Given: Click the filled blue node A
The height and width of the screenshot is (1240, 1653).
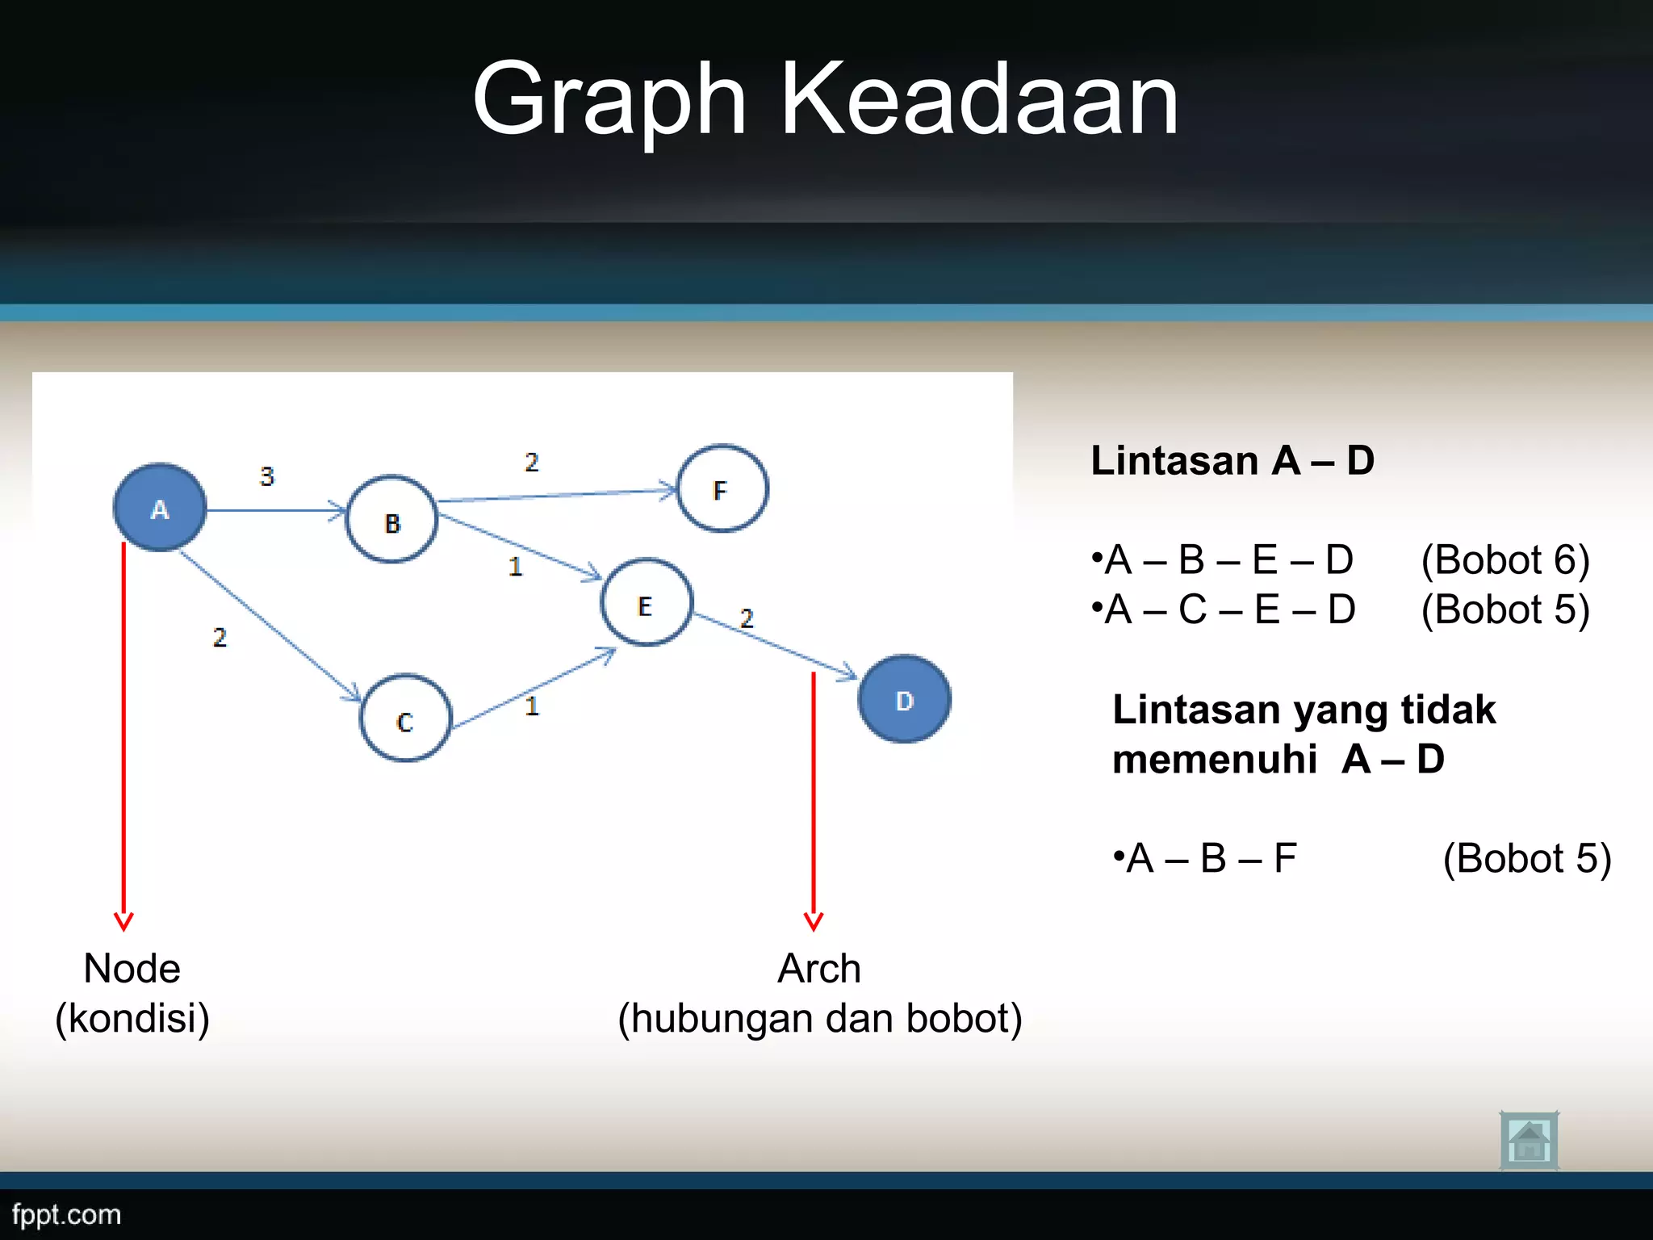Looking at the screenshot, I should click(x=160, y=508).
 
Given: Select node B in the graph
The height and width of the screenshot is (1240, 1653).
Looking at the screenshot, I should click(x=392, y=520).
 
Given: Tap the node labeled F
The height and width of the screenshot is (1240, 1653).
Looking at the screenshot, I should click(x=722, y=488).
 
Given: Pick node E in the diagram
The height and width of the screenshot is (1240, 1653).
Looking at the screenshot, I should click(x=647, y=603).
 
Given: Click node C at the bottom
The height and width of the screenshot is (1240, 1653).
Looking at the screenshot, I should click(x=405, y=718).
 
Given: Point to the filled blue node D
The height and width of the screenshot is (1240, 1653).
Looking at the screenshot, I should click(x=904, y=699).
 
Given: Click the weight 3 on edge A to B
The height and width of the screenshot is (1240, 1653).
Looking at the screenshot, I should click(x=267, y=476).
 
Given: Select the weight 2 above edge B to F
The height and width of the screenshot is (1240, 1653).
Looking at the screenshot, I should click(x=531, y=463).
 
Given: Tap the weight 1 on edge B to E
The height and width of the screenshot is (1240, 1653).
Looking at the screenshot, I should click(x=516, y=567).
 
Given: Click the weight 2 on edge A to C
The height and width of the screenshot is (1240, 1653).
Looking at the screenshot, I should click(x=220, y=638).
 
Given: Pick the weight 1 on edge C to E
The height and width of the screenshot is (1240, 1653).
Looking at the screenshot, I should click(x=532, y=707).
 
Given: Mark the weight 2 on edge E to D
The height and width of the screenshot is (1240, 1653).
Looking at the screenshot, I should click(x=747, y=618).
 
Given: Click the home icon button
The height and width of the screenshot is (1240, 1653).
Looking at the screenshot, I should click(x=1529, y=1141).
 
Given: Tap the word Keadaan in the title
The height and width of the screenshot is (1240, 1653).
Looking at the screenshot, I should click(x=979, y=100).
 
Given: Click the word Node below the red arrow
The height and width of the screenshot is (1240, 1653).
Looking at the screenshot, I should click(x=132, y=969).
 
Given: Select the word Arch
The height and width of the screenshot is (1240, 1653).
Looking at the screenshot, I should click(x=818, y=969).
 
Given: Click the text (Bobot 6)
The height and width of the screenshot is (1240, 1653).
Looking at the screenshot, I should click(x=1504, y=560).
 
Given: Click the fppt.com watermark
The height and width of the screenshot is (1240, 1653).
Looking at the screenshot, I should click(x=66, y=1214).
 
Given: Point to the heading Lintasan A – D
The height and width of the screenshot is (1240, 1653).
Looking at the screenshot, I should click(x=1232, y=461).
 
